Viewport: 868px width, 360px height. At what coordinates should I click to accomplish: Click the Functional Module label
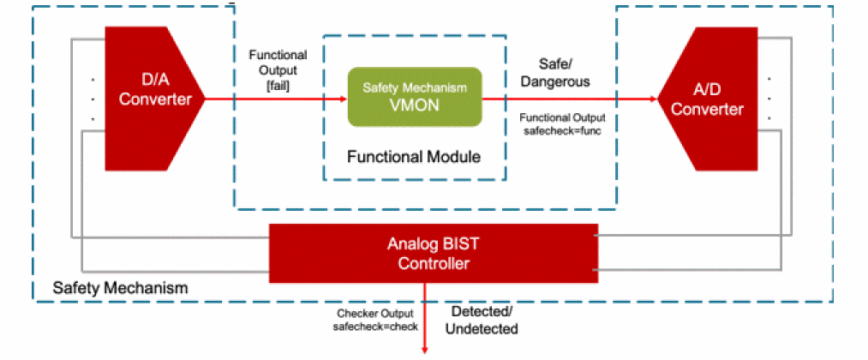point(414,157)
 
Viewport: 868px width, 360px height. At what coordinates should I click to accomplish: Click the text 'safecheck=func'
point(563,131)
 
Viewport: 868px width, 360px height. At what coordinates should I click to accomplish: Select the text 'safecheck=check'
point(374,327)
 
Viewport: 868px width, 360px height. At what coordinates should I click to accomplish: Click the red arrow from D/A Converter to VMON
point(274,99)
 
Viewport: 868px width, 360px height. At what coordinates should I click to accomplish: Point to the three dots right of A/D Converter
point(769,98)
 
